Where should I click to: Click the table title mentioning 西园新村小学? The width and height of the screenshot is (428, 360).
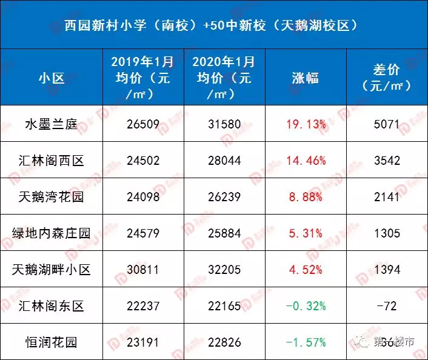point(214,25)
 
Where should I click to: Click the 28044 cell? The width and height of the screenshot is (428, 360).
point(224,161)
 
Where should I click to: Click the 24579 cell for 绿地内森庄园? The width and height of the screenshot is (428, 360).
point(143,233)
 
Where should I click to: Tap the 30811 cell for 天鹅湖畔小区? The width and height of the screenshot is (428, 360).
point(143,270)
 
